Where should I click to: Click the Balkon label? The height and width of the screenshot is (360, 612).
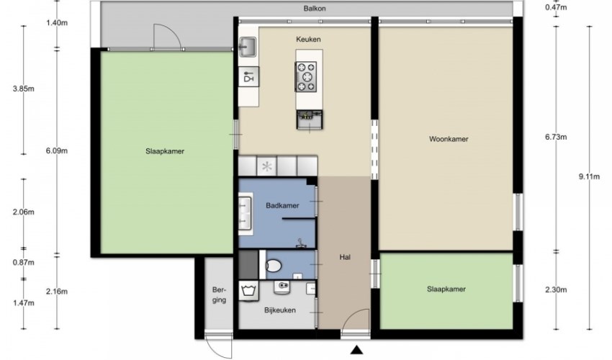click(x=315, y=8)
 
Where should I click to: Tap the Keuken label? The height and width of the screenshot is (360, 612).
click(x=308, y=39)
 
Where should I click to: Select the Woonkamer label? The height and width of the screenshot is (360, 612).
click(x=449, y=139)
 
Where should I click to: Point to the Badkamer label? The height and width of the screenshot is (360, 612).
click(x=282, y=205)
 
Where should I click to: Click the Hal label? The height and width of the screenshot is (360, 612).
click(x=345, y=257)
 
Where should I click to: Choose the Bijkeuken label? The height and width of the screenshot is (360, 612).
click(x=280, y=310)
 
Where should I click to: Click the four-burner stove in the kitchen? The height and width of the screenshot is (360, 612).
click(x=306, y=77)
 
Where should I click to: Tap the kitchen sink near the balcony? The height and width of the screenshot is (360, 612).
click(x=248, y=48)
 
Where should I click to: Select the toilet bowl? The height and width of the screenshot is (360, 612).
click(x=274, y=266)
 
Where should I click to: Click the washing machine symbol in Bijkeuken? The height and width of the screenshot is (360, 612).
click(x=248, y=292)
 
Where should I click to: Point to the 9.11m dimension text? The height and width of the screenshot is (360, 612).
click(x=589, y=176)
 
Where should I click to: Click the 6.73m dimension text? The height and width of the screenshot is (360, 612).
click(x=556, y=137)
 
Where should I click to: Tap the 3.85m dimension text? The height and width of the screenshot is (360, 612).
click(x=24, y=89)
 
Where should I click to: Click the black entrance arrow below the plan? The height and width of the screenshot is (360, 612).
click(x=356, y=349)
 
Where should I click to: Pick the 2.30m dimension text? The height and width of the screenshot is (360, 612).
click(x=556, y=289)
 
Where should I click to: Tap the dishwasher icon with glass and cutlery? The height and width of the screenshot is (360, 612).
click(x=248, y=76)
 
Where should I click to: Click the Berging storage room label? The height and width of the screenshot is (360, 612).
click(x=219, y=294)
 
